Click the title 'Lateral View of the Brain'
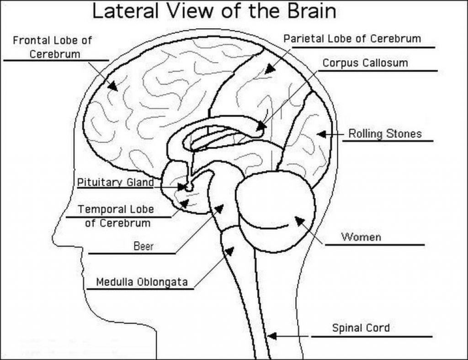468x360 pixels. click(x=214, y=11)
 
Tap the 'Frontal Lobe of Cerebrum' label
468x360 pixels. click(x=52, y=47)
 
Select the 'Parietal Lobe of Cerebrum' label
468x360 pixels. click(x=352, y=38)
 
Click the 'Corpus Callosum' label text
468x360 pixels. click(x=365, y=63)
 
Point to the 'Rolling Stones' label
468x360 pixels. click(x=385, y=134)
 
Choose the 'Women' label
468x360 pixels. click(x=361, y=237)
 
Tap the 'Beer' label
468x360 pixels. click(x=143, y=246)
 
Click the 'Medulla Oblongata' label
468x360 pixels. click(x=142, y=282)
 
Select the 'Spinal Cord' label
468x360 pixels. click(x=361, y=328)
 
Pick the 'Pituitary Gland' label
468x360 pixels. click(x=115, y=182)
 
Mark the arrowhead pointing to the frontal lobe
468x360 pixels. click(x=112, y=85)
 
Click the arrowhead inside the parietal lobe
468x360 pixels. click(x=270, y=69)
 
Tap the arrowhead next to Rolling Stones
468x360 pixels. click(x=321, y=134)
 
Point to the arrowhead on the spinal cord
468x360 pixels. click(x=271, y=336)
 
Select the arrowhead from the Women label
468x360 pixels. click(x=299, y=221)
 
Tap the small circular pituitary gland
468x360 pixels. click(x=187, y=187)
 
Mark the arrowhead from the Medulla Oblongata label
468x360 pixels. click(x=229, y=251)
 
